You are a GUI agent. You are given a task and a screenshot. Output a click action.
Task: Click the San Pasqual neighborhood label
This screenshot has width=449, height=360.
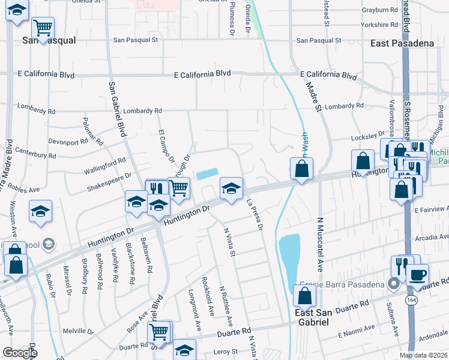click(49, 40)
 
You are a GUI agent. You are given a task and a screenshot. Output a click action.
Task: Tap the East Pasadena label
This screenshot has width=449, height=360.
click(402, 44)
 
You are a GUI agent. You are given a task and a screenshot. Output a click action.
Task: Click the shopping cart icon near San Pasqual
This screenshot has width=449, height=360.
click(43, 28)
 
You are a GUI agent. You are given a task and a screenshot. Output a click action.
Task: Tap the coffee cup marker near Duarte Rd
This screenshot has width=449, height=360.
click(417, 275)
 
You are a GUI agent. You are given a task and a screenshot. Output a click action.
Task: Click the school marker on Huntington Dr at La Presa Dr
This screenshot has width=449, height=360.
click(231, 188)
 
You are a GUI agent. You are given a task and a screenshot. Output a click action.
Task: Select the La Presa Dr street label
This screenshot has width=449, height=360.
click(254, 215)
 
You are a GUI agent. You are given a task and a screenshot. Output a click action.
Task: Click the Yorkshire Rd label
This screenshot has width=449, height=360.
click(379, 25)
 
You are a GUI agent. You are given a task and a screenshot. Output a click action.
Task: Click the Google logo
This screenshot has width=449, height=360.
click(20, 353)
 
